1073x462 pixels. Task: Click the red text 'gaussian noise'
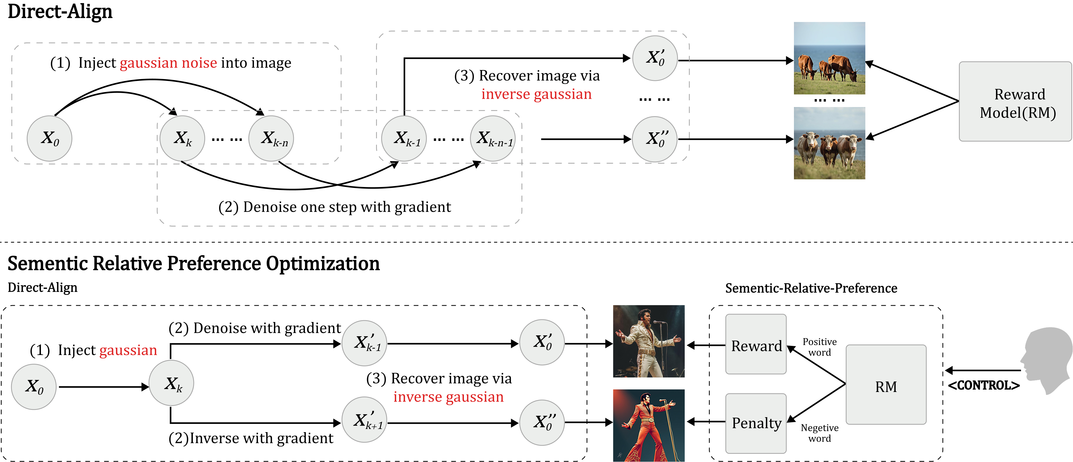pos(168,63)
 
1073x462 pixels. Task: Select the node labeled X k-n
pos(271,138)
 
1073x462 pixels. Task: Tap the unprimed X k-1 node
pos(404,138)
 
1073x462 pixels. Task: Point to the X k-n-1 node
pos(493,138)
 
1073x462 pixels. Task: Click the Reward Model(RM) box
pos(1015,102)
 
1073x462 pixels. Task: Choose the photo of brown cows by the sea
pos(829,58)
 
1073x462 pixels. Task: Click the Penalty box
pos(756,423)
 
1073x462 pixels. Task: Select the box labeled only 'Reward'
pos(756,344)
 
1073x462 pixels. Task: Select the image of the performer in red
pos(649,425)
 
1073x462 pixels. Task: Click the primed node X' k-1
pos(364,343)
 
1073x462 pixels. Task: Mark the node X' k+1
pos(364,420)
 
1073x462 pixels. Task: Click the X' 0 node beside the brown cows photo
pos(655,58)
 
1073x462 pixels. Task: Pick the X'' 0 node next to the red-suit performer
pos(542,422)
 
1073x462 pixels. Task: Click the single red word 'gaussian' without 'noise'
pos(128,350)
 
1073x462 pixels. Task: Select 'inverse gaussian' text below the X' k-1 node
pos(449,397)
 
